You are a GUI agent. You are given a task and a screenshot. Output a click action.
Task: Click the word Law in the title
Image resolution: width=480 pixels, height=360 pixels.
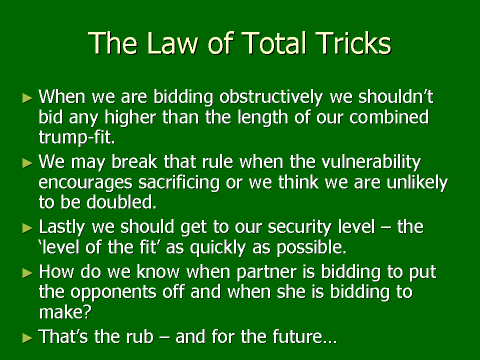pos(172,43)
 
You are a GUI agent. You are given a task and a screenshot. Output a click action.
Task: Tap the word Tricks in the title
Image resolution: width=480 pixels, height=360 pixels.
pos(353,43)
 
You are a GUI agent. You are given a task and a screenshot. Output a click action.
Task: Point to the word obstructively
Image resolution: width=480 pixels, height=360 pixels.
pos(271,97)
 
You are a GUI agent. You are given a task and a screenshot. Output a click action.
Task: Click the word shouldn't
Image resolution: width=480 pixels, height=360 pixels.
pos(396,96)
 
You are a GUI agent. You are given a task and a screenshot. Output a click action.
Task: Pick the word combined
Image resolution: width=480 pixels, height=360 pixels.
pos(389,117)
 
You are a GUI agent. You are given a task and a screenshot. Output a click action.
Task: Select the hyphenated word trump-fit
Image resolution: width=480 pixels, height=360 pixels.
pos(77,137)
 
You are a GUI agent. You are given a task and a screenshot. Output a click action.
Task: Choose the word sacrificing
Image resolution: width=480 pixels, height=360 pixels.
pos(179,183)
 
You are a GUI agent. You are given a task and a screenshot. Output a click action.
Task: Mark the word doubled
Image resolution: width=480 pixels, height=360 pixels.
pos(121,202)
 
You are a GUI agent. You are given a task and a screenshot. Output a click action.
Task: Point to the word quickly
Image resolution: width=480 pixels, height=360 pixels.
pos(218,248)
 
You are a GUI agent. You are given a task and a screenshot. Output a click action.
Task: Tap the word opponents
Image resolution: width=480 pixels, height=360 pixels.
pos(113,292)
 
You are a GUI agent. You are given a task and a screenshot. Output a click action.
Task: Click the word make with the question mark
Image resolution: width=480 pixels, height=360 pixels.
pos(65,312)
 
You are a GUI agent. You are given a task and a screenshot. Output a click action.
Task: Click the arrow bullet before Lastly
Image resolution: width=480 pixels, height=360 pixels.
pos(27,228)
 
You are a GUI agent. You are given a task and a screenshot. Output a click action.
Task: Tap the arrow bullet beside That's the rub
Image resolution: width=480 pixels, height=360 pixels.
pos(27,338)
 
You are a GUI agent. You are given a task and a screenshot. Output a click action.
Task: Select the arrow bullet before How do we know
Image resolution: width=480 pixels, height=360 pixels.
pos(27,273)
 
